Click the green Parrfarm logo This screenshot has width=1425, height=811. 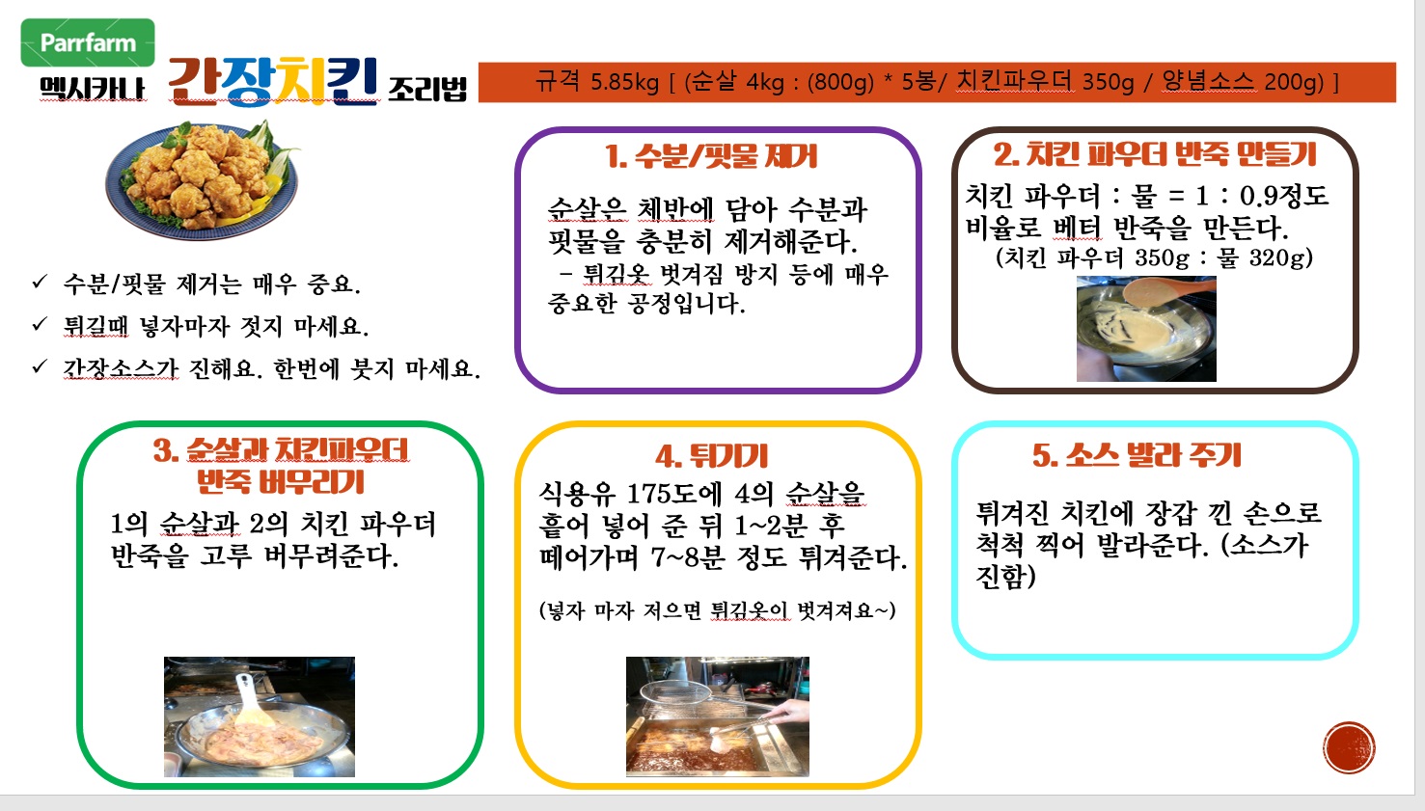(88, 42)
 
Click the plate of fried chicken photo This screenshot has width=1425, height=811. (203, 179)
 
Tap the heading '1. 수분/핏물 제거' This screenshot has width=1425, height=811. (711, 156)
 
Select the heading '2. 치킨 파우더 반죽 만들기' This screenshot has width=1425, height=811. (1155, 154)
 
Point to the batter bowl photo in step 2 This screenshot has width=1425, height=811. (1146, 328)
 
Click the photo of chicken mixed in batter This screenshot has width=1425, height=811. (259, 716)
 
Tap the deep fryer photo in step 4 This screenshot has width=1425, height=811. (718, 716)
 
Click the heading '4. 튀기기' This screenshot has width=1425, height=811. (712, 455)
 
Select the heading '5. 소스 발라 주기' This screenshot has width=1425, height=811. (1137, 455)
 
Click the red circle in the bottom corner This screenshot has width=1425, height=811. (1349, 747)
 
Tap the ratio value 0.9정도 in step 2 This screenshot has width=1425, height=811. (1284, 195)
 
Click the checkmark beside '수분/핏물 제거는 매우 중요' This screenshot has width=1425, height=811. (40, 282)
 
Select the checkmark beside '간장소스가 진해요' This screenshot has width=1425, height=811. (40, 366)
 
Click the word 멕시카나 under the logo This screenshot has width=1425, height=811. (93, 89)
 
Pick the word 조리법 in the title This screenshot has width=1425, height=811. (426, 89)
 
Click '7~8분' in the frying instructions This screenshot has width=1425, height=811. (688, 557)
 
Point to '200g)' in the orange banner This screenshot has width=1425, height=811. (1302, 82)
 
